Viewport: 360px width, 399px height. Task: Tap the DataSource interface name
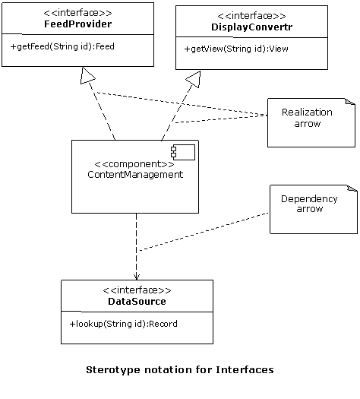click(x=137, y=302)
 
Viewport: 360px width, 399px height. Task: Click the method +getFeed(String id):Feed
click(x=62, y=46)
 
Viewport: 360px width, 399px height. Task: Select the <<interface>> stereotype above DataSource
click(x=137, y=290)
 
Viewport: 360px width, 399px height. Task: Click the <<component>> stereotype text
click(x=134, y=163)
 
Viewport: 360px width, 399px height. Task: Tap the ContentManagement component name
click(x=135, y=174)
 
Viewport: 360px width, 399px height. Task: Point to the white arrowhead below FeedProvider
click(x=88, y=75)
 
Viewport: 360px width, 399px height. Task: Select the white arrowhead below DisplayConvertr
click(x=193, y=79)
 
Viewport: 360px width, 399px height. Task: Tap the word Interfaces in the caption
click(x=245, y=370)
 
